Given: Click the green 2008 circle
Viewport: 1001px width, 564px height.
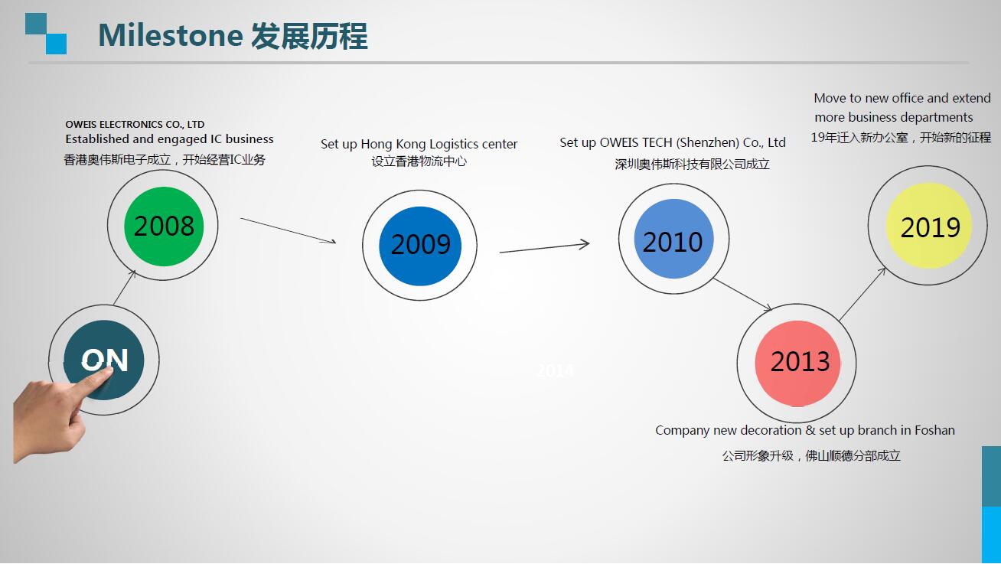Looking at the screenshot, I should (x=164, y=226).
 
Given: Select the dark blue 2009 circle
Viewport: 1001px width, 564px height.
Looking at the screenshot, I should (x=420, y=245).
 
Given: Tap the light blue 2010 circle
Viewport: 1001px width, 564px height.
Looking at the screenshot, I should (x=673, y=242).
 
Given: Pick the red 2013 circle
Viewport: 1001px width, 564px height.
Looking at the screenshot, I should (x=800, y=361).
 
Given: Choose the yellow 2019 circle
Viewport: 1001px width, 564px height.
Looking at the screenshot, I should (x=930, y=227).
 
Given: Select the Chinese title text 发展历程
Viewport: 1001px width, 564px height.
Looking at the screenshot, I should (x=309, y=36).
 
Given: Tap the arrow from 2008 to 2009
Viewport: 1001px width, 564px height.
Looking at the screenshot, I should (x=288, y=230).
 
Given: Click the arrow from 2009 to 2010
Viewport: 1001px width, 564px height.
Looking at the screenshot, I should (x=544, y=247).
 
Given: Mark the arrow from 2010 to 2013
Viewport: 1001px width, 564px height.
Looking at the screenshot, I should (x=742, y=295).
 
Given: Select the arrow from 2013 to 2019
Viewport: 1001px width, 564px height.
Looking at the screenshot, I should (x=863, y=294).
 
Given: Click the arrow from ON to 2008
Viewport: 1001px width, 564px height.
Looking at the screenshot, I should (x=125, y=287).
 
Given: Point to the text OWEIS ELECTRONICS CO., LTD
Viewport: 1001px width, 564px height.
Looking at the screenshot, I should (x=135, y=124).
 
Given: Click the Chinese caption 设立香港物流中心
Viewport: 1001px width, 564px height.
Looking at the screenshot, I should (x=419, y=161).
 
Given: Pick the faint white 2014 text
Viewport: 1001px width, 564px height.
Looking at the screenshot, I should (x=555, y=371).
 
